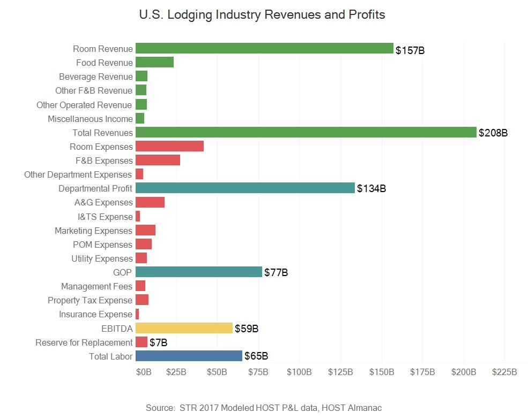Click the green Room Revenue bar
(264, 49)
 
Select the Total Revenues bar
(306, 132)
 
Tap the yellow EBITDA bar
(184, 328)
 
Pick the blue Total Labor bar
(189, 356)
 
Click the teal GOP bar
(198, 272)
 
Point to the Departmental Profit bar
(245, 188)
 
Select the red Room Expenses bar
(169, 146)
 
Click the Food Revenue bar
(154, 63)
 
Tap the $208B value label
(493, 133)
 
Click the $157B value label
(410, 51)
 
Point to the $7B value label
(159, 342)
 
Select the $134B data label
(371, 189)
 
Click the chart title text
(262, 14)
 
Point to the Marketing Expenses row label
(93, 231)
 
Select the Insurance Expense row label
(95, 314)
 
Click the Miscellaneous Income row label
(90, 119)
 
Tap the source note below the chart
(263, 408)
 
